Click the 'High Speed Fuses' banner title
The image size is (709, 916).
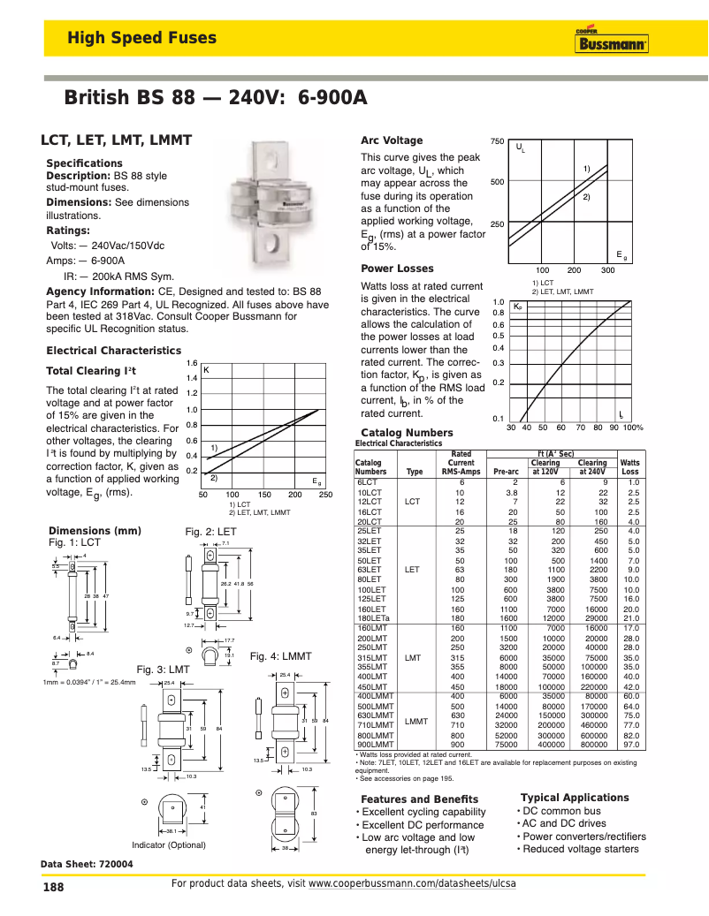tap(141, 38)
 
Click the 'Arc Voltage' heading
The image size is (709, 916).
tap(392, 140)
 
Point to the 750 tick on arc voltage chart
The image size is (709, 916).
tap(496, 141)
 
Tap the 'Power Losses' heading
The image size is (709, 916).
tap(397, 269)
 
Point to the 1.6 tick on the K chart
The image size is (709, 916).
tap(192, 363)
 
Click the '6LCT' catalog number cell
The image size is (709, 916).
tap(367, 482)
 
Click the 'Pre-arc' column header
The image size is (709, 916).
tap(507, 472)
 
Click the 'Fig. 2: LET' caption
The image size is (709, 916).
tap(210, 532)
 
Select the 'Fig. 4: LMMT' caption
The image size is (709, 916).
tap(280, 656)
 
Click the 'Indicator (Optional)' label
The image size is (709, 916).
tap(169, 844)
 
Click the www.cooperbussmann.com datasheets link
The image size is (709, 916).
tap(412, 883)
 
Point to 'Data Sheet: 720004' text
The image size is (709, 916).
tap(87, 864)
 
